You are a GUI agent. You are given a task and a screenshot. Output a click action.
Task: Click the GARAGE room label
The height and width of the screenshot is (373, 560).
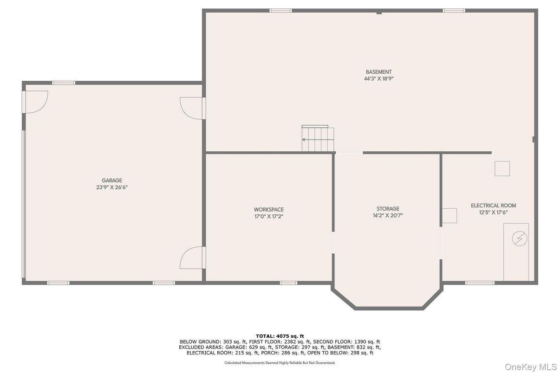[x=112, y=180]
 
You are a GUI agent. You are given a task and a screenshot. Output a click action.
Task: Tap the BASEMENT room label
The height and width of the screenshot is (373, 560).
[x=379, y=72]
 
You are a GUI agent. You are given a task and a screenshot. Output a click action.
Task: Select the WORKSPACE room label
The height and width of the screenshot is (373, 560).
[x=269, y=210]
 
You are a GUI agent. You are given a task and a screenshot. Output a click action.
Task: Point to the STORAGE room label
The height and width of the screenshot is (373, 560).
[x=388, y=209]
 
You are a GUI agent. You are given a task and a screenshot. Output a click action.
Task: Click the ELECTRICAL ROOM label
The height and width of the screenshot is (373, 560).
[x=493, y=206]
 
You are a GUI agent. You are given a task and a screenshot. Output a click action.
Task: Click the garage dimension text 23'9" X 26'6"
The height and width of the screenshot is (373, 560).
[x=112, y=187]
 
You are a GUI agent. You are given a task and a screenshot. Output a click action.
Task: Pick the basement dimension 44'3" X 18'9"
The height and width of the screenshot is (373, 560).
[x=379, y=79]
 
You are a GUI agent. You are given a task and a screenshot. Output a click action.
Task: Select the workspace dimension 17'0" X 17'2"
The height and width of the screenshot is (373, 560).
[x=269, y=217]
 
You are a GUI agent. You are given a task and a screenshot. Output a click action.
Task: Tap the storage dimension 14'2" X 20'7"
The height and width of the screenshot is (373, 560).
[x=388, y=216]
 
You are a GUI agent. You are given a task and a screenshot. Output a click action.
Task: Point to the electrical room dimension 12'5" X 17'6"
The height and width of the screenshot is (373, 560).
[x=493, y=212]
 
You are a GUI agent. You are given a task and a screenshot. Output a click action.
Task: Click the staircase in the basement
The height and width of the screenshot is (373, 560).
[x=318, y=138]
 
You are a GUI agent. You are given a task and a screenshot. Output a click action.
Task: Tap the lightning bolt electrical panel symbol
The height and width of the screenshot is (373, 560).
[x=520, y=238]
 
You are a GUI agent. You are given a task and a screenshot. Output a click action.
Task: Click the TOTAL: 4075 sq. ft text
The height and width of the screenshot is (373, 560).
[x=280, y=336]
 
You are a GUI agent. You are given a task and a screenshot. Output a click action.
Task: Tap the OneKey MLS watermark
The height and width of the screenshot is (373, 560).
[x=530, y=367]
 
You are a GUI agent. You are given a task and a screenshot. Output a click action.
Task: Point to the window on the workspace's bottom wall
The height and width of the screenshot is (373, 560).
[x=288, y=283]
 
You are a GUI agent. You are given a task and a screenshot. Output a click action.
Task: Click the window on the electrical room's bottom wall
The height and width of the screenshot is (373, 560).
[x=480, y=283]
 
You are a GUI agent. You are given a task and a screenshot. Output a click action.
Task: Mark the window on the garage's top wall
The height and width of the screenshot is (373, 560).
[x=64, y=83]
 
